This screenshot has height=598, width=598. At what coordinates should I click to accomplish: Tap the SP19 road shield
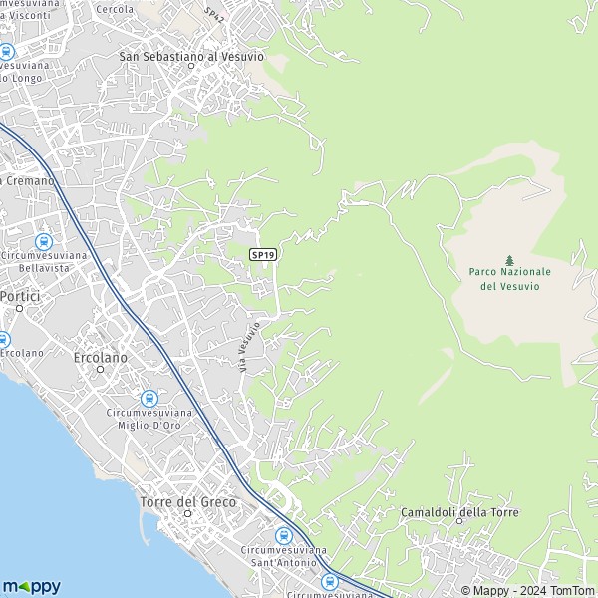[263, 255]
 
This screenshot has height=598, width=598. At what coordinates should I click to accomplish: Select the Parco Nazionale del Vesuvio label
[509, 278]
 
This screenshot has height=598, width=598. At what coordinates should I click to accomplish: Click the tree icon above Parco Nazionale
[509, 260]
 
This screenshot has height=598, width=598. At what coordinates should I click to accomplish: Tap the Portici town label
[18, 296]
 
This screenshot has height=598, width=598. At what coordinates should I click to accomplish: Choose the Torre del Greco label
[188, 502]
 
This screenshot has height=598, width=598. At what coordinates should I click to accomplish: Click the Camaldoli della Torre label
[459, 512]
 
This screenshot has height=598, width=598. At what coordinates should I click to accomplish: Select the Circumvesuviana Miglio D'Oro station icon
[149, 398]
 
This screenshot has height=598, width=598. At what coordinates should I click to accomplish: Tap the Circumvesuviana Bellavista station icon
[43, 241]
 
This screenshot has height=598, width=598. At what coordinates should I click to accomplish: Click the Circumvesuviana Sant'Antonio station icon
[283, 535]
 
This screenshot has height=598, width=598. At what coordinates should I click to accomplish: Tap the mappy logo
[31, 586]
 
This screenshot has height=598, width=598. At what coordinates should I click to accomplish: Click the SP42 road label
[213, 16]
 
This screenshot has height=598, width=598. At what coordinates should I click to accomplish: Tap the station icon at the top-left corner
[6, 52]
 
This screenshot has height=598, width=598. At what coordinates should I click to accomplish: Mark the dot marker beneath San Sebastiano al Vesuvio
[191, 68]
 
